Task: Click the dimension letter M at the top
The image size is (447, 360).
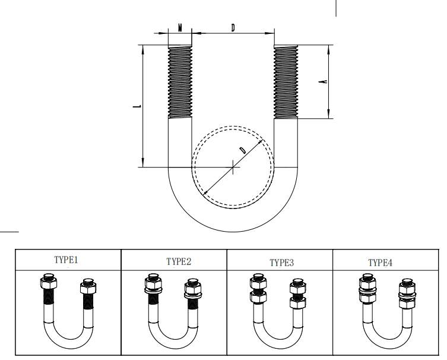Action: (x=180, y=28)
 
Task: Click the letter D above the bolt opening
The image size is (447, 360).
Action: (x=233, y=28)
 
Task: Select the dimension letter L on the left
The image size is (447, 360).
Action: (x=137, y=106)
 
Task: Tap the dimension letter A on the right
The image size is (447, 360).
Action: (x=323, y=81)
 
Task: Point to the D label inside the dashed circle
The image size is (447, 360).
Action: (x=242, y=150)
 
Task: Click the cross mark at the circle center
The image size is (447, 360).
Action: (x=233, y=167)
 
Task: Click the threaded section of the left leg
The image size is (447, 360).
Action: (x=180, y=82)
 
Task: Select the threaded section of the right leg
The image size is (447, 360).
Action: (x=286, y=82)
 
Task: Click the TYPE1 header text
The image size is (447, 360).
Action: (x=66, y=260)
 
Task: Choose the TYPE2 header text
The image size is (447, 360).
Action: (x=179, y=261)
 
